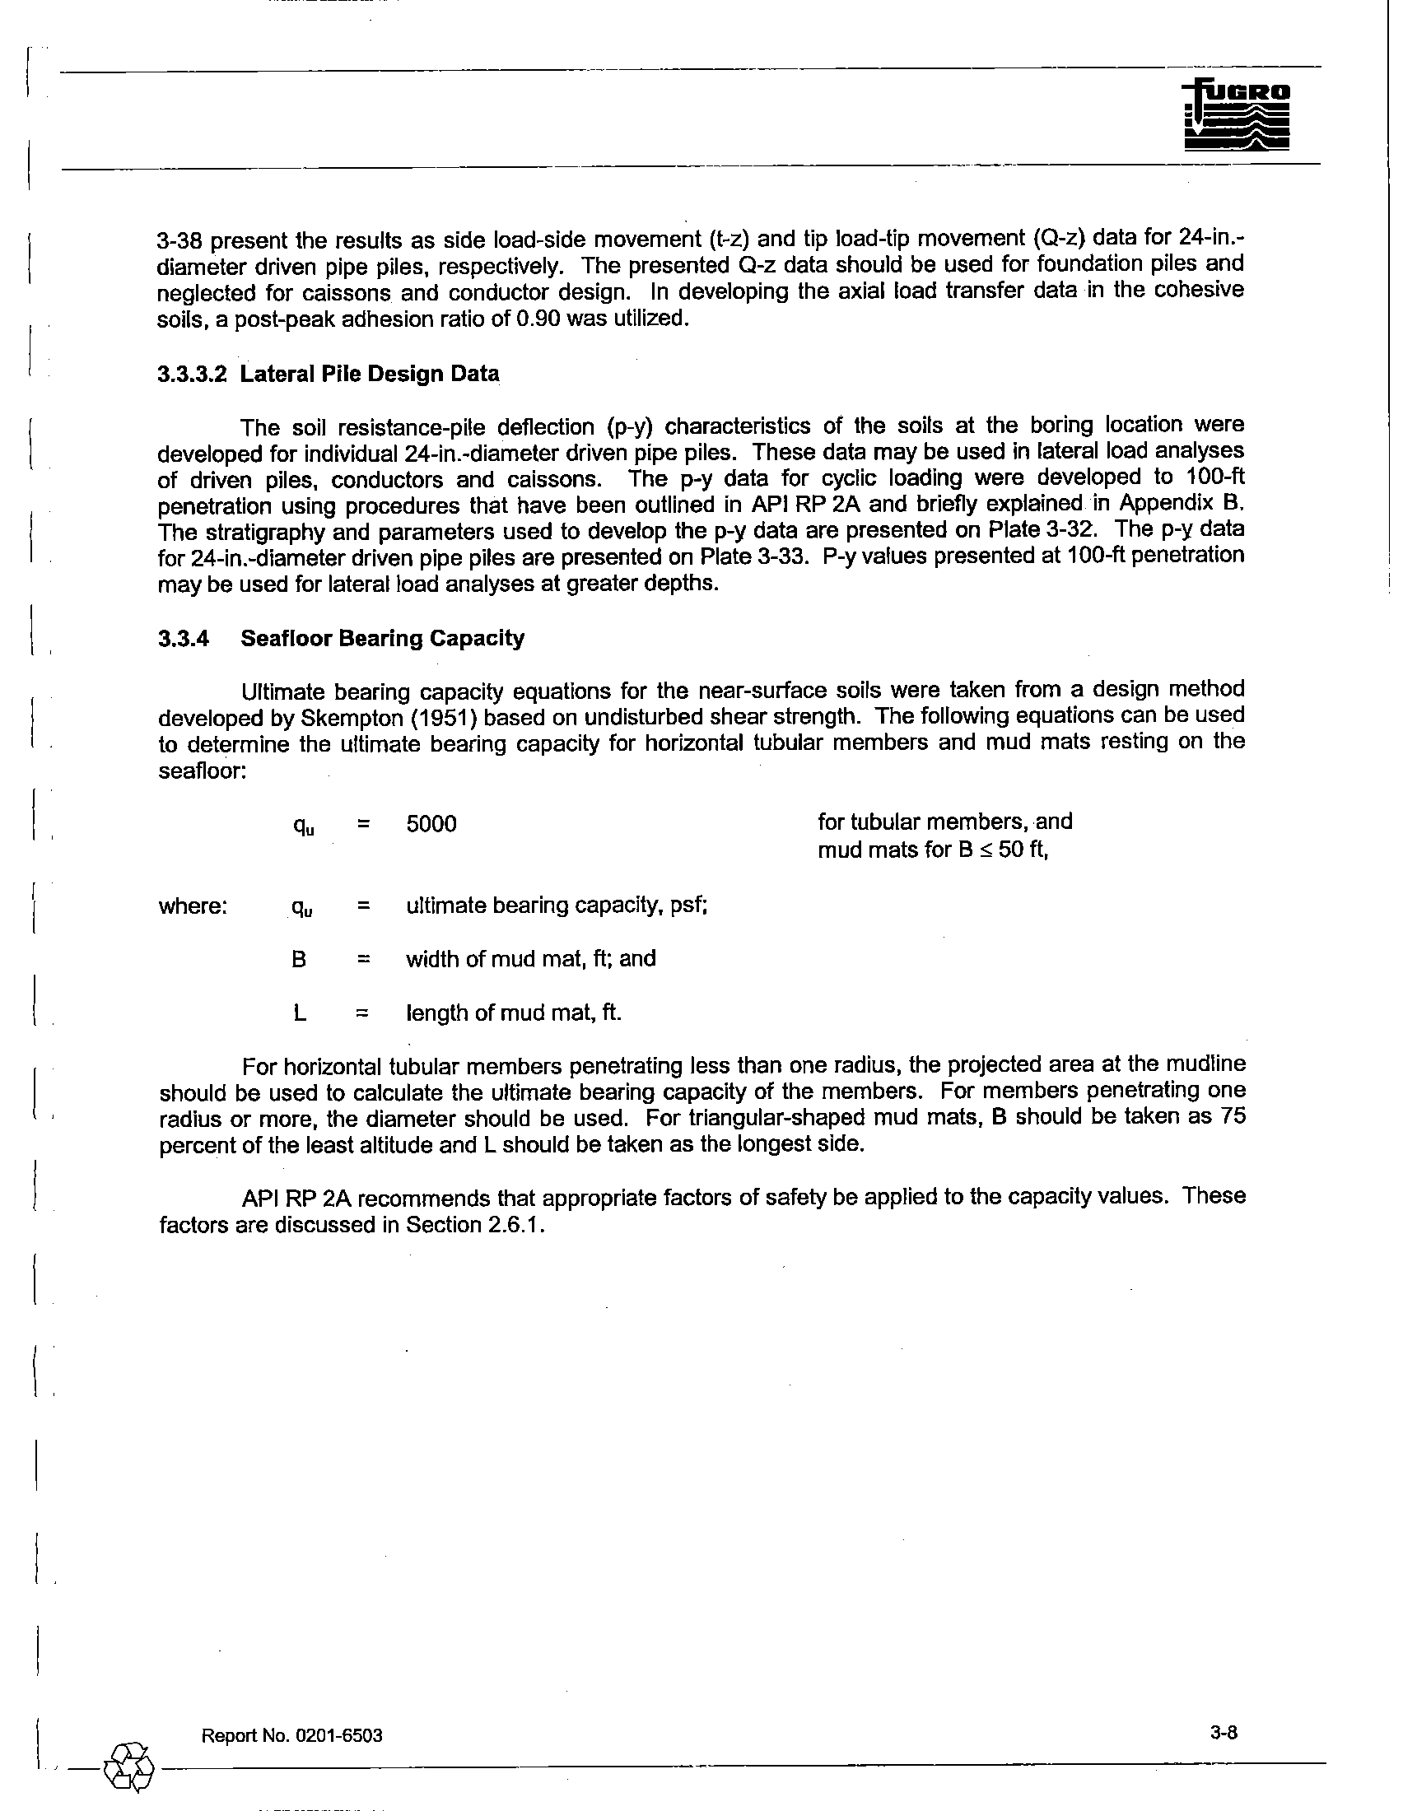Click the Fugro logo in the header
1237,118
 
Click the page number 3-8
1223,1731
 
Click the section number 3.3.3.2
191,375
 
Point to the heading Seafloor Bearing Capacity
382,639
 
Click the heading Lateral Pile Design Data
370,375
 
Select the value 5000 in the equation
431,824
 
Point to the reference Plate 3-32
1045,529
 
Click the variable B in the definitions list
300,959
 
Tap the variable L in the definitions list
300,1013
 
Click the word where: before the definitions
193,906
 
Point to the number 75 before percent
1233,1116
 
